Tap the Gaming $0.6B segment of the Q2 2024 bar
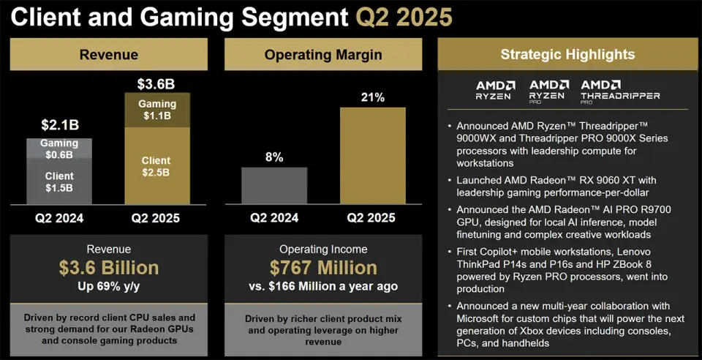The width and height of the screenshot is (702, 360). pyautogui.click(x=59, y=149)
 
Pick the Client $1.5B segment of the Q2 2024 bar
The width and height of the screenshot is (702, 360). pyautogui.click(x=59, y=181)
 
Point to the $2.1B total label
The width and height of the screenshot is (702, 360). pyautogui.click(x=59, y=126)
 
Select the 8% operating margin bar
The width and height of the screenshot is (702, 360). pyautogui.click(x=274, y=186)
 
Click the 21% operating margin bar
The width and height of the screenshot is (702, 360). pyautogui.click(x=372, y=156)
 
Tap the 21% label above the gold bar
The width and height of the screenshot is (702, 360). pyautogui.click(x=372, y=97)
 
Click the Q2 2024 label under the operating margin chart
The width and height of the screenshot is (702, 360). pyautogui.click(x=274, y=218)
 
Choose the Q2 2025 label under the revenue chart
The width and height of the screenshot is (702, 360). pyautogui.click(x=155, y=218)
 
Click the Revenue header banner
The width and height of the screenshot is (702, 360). pyautogui.click(x=108, y=54)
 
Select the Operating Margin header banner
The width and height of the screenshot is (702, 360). pyautogui.click(x=322, y=54)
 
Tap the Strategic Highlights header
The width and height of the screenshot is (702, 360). pyautogui.click(x=567, y=54)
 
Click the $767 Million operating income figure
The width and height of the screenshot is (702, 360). pyautogui.click(x=322, y=268)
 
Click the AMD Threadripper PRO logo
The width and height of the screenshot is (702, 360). pyautogui.click(x=620, y=90)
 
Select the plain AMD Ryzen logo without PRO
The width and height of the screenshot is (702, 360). pyautogui.click(x=495, y=90)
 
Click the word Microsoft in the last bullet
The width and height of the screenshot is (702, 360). pyautogui.click(x=478, y=318)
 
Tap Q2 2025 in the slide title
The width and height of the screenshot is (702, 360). pyautogui.click(x=404, y=16)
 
